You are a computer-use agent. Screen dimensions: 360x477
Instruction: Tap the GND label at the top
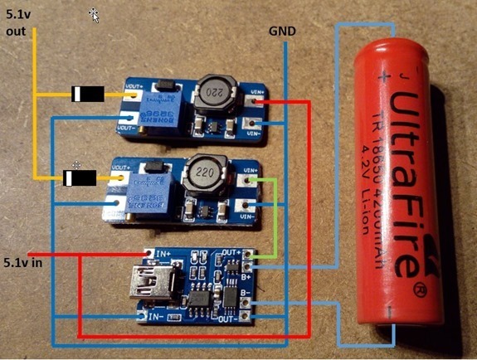(x=283, y=31)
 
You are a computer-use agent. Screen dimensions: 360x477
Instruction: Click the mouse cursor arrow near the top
(x=95, y=14)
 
